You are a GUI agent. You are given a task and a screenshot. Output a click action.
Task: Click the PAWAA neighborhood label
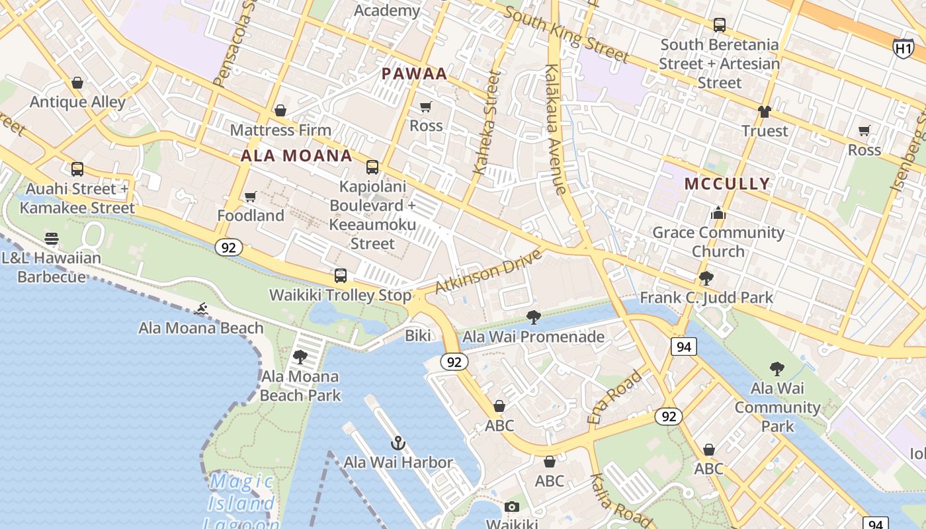click(415, 74)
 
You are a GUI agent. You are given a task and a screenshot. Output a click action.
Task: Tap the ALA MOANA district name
click(296, 156)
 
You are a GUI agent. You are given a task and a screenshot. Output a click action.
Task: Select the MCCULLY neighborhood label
click(727, 184)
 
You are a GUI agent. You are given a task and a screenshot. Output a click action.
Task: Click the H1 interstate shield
click(903, 48)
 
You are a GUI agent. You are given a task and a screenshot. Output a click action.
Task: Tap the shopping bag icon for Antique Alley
click(77, 83)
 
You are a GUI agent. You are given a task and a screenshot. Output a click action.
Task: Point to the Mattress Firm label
click(280, 130)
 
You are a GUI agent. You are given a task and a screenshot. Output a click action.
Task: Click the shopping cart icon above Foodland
click(251, 196)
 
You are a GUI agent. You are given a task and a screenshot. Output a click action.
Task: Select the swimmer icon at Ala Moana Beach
click(201, 309)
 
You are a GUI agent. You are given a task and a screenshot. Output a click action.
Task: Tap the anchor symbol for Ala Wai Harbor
click(398, 443)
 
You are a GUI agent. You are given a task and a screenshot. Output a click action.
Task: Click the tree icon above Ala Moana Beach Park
click(300, 357)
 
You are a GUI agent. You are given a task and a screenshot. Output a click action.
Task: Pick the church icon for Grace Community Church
click(718, 214)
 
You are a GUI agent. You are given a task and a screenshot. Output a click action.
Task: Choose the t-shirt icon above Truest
click(765, 112)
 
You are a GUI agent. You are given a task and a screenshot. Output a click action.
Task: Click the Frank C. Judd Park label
click(706, 298)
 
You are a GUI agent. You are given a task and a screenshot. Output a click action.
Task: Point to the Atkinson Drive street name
click(488, 272)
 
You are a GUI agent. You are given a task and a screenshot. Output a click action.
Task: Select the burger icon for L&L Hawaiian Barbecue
click(52, 239)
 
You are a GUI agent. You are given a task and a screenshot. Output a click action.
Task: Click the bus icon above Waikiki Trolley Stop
click(341, 276)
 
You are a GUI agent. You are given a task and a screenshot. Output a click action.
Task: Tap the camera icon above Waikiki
click(511, 507)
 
